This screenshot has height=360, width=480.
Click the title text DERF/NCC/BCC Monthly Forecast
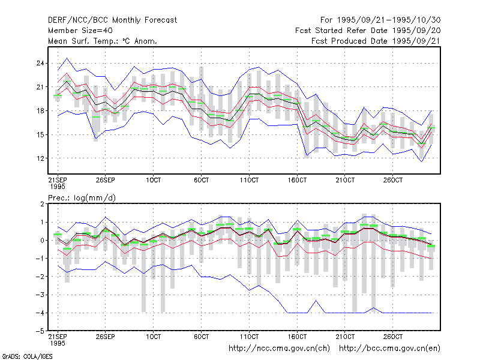pyautogui.click(x=112, y=20)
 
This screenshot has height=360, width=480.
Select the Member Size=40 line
pyautogui.click(x=80, y=31)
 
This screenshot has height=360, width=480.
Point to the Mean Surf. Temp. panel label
pyautogui.click(x=103, y=41)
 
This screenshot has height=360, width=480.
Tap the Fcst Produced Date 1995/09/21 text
pyautogui.click(x=376, y=41)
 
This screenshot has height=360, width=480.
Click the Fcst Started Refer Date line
pyautogui.click(x=368, y=31)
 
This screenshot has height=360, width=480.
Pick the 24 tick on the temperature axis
pyautogui.click(x=40, y=64)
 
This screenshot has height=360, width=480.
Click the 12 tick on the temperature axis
pyautogui.click(x=40, y=158)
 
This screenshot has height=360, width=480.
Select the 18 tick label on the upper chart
pyautogui.click(x=40, y=111)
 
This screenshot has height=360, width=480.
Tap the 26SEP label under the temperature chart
pyautogui.click(x=106, y=180)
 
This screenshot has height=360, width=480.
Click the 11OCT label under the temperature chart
pyautogui.click(x=249, y=180)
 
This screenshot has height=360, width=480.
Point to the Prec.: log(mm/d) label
pyautogui.click(x=82, y=198)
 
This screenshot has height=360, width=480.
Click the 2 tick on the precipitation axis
pyautogui.click(x=42, y=204)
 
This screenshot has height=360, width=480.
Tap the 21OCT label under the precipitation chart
pyautogui.click(x=345, y=337)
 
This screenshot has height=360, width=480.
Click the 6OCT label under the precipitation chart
pyautogui.click(x=201, y=337)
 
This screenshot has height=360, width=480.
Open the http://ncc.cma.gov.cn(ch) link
pyautogui.click(x=280, y=349)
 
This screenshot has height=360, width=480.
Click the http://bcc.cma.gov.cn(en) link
pyautogui.click(x=389, y=349)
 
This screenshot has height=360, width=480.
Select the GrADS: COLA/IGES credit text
pyautogui.click(x=27, y=356)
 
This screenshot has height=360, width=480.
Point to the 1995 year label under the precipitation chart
pyautogui.click(x=58, y=343)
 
